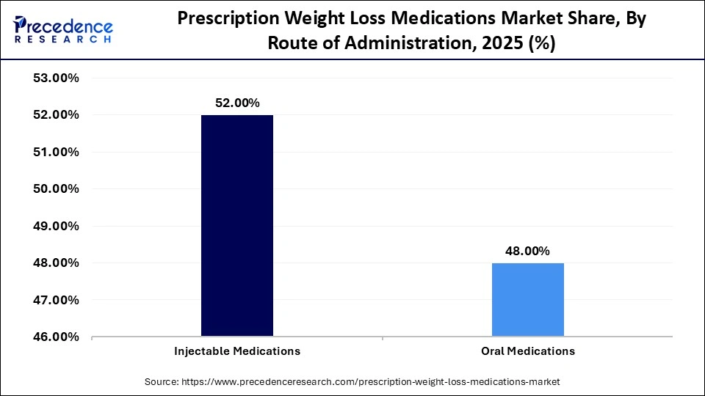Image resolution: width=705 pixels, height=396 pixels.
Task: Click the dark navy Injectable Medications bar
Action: pos(236,226)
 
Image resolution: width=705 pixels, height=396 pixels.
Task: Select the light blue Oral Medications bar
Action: pos(527,300)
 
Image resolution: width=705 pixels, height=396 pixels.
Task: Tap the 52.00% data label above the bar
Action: pos(236,103)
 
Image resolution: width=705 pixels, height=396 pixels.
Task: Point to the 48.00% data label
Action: pos(527,251)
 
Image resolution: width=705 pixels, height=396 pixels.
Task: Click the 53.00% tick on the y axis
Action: pos(57,78)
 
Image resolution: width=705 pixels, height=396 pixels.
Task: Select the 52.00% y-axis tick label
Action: pos(57,115)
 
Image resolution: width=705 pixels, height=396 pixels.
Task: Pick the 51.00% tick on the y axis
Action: pos(57,152)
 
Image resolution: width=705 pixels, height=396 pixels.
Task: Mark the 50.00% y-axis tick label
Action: pos(57,189)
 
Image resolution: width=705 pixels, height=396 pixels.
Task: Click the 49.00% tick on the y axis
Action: pos(57,226)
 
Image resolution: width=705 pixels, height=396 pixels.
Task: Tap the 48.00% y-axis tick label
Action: pos(57,263)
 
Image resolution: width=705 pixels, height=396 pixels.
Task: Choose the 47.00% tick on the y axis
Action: pos(57,300)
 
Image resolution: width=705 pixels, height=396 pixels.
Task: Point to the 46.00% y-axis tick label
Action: pos(57,337)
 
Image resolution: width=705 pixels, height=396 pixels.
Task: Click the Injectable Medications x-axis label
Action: pos(236,351)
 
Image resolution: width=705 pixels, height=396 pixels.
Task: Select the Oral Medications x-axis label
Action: pos(527,351)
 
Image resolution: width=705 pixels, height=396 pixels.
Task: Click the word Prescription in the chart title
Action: pos(230,20)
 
